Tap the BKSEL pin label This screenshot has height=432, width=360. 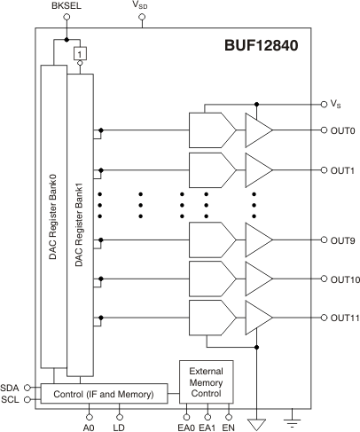[67, 7]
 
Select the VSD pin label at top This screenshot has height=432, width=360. [140, 7]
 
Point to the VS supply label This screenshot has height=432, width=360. [336, 104]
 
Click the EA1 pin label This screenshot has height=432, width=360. [207, 425]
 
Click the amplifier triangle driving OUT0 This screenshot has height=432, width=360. [259, 130]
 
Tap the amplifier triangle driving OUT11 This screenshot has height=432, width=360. [259, 318]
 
